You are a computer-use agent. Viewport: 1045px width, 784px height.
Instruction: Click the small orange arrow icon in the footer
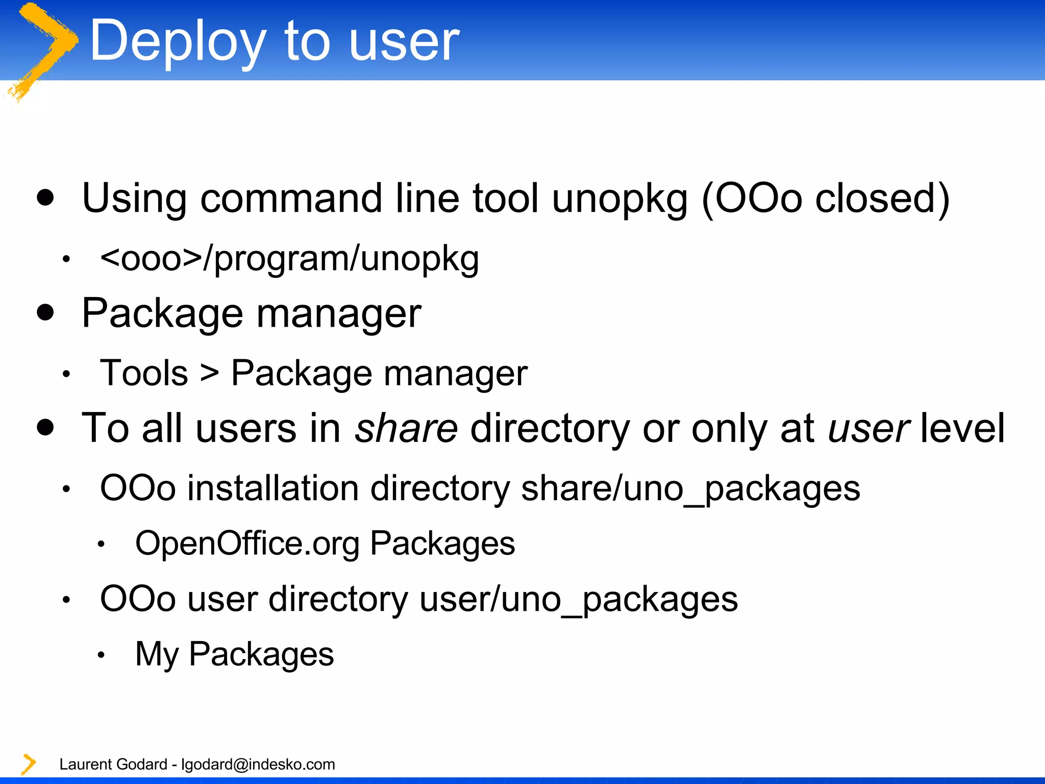29,764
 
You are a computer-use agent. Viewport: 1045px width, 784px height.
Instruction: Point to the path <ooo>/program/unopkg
289,259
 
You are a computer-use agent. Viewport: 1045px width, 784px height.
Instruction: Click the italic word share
406,428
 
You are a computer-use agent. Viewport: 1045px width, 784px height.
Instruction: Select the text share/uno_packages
690,488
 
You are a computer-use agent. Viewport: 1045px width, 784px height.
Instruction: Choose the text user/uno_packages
578,599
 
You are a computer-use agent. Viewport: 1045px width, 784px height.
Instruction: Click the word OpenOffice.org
247,543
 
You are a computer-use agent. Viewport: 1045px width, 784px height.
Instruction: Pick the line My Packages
234,654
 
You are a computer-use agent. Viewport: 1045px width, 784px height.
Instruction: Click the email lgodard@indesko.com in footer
258,764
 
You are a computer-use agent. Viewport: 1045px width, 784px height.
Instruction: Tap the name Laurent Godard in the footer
113,764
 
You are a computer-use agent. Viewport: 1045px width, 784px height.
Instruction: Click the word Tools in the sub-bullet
144,373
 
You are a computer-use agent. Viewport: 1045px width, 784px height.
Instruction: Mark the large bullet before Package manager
45,312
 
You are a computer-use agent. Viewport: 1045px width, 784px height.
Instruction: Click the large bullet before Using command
45,198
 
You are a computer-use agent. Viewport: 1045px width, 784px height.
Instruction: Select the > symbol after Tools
209,373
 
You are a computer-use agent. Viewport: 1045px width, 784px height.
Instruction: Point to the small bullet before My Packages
101,655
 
